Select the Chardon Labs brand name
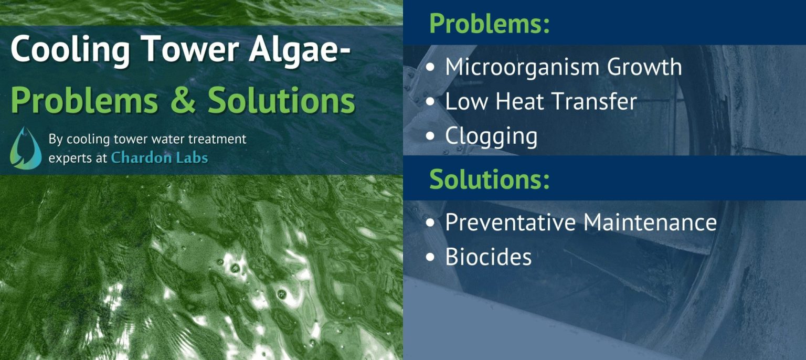point(160,157)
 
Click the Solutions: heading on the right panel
point(489,179)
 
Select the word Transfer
point(597,101)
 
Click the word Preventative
point(510,222)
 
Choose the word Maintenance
point(650,222)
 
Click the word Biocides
point(488,257)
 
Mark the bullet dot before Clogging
point(431,136)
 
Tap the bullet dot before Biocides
point(431,257)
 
